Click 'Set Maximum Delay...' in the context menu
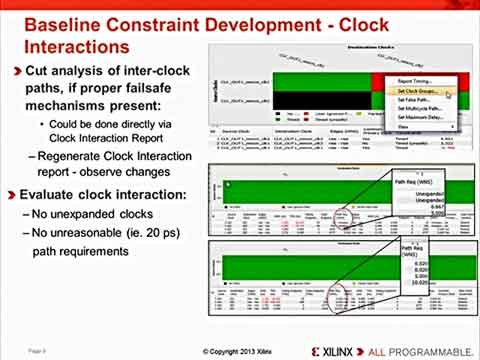pyautogui.click(x=411, y=117)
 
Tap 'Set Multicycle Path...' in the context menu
pyautogui.click(x=411, y=108)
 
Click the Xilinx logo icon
pyautogui.click(x=323, y=351)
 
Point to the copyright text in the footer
pyautogui.click(x=239, y=351)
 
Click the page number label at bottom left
pyautogui.click(x=37, y=351)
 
